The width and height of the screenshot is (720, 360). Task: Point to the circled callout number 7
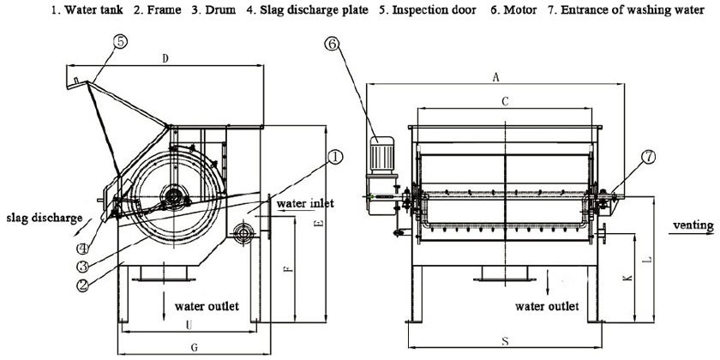tap(649, 157)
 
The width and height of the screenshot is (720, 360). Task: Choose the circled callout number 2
tap(83, 286)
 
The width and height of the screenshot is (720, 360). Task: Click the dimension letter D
tap(164, 58)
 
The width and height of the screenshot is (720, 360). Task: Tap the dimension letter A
tap(495, 76)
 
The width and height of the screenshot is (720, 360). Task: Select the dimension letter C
tap(506, 101)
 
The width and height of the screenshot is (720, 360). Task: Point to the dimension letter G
tap(195, 346)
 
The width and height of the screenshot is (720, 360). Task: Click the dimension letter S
tap(505, 341)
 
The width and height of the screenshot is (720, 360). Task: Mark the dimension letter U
tap(188, 323)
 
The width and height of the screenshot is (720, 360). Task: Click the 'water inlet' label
tap(305, 203)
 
